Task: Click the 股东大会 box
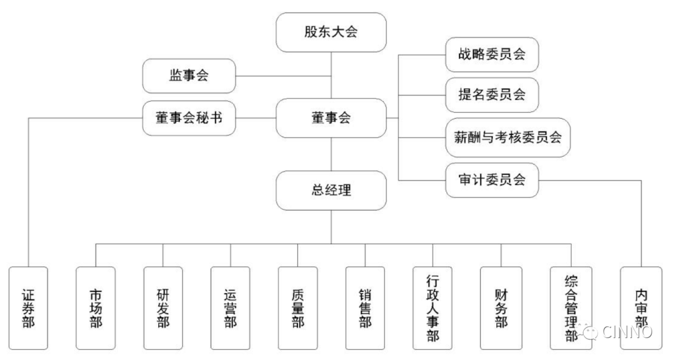pos(331,32)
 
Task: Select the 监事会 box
pos(189,76)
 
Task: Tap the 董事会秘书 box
pos(189,118)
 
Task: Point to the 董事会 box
pos(331,118)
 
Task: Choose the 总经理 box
pos(331,191)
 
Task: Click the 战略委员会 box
pos(492,54)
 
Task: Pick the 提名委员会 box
pos(492,95)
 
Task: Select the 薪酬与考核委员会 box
pos(508,137)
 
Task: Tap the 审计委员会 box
pos(492,180)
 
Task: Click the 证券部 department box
pos(28,308)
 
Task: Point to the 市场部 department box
pos(96,308)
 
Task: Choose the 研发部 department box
pos(163,308)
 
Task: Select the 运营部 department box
pos(230,308)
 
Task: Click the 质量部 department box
pos(298,308)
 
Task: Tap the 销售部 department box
pos(365,308)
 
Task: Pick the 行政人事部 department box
pos(432,308)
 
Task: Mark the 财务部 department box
pos(501,308)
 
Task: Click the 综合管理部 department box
pos(571,308)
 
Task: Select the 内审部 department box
pos(641,308)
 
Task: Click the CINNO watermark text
pos(627,332)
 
